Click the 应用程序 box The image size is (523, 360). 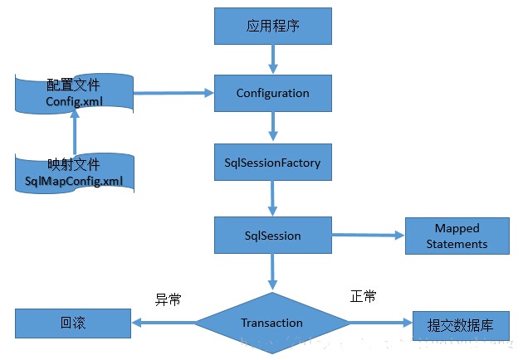point(273,27)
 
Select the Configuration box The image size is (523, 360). point(273,93)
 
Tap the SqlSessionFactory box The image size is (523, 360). point(273,162)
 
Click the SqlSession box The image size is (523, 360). point(273,236)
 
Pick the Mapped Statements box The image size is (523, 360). point(457,236)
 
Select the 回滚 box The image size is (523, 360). point(73,324)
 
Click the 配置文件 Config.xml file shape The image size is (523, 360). point(73,94)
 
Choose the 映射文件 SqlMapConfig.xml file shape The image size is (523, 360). point(73,172)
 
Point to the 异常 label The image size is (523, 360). point(169,299)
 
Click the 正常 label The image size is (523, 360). point(363,296)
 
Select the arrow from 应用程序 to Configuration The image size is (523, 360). point(273,59)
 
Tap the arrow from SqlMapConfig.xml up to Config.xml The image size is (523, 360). point(74,133)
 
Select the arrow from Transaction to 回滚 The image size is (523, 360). point(163,324)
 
